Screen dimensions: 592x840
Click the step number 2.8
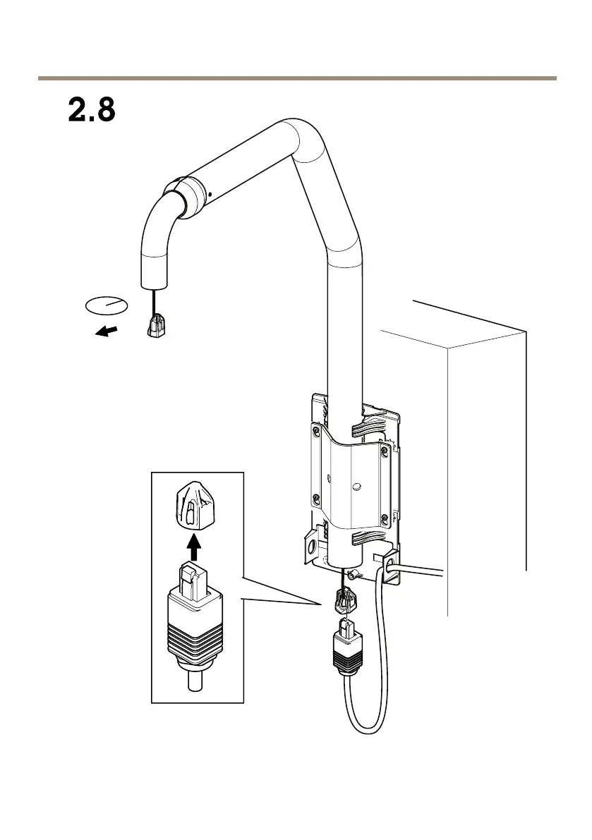tap(91, 111)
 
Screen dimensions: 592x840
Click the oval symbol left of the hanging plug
tap(106, 305)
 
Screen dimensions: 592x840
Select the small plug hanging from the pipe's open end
tap(157, 327)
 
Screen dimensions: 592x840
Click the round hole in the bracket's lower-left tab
tap(310, 547)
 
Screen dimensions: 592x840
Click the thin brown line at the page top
tap(296, 78)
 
